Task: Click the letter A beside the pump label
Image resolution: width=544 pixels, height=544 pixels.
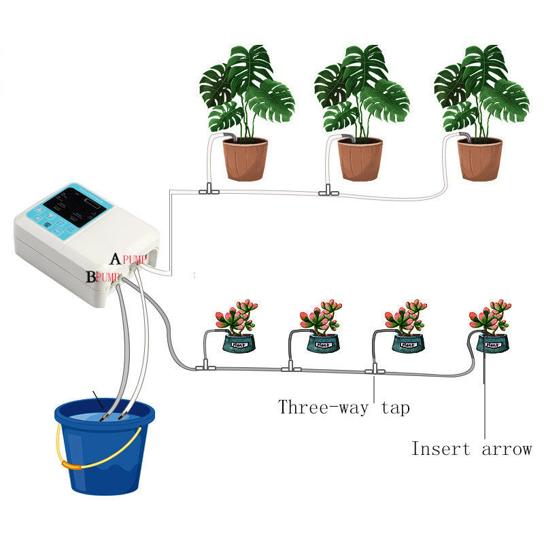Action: [116, 259]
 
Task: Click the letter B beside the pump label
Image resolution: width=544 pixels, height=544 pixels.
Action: [91, 277]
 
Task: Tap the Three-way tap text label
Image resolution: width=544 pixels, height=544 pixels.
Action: [343, 407]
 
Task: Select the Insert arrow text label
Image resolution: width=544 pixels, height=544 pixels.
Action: [471, 449]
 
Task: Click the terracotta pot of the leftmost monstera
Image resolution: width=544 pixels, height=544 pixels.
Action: [245, 159]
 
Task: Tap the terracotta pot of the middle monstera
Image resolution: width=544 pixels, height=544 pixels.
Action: [360, 159]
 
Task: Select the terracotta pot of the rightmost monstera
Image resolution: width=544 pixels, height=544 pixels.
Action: [479, 159]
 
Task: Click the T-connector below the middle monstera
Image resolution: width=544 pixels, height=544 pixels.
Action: [325, 192]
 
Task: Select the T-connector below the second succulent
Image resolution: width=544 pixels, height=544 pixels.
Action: [291, 368]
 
